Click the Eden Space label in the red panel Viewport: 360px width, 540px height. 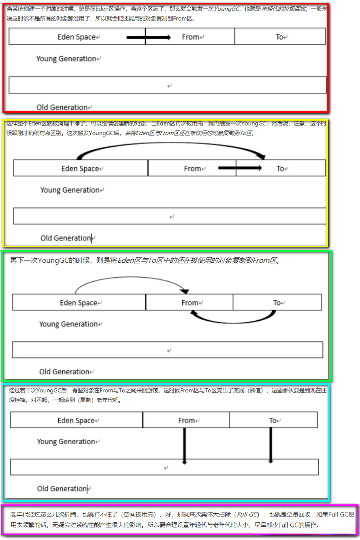pos(77,37)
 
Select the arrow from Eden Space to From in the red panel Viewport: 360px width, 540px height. pos(149,37)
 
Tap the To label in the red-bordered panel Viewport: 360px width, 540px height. pos(280,37)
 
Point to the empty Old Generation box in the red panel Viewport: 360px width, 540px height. pos(168,85)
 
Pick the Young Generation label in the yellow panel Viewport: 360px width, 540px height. pos(70,190)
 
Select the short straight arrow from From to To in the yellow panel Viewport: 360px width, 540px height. pos(240,168)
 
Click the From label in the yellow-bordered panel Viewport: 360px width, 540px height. pos(192,168)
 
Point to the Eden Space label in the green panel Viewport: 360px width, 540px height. pos(79,303)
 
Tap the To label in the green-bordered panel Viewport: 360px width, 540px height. pos(277,303)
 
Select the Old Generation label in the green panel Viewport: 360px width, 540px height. pos(64,372)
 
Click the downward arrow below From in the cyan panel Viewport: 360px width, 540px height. pos(185,445)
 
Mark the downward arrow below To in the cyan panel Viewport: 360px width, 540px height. pos(271,444)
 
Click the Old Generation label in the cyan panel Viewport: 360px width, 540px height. pos(62,489)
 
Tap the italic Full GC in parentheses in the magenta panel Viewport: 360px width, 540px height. pos(248,514)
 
